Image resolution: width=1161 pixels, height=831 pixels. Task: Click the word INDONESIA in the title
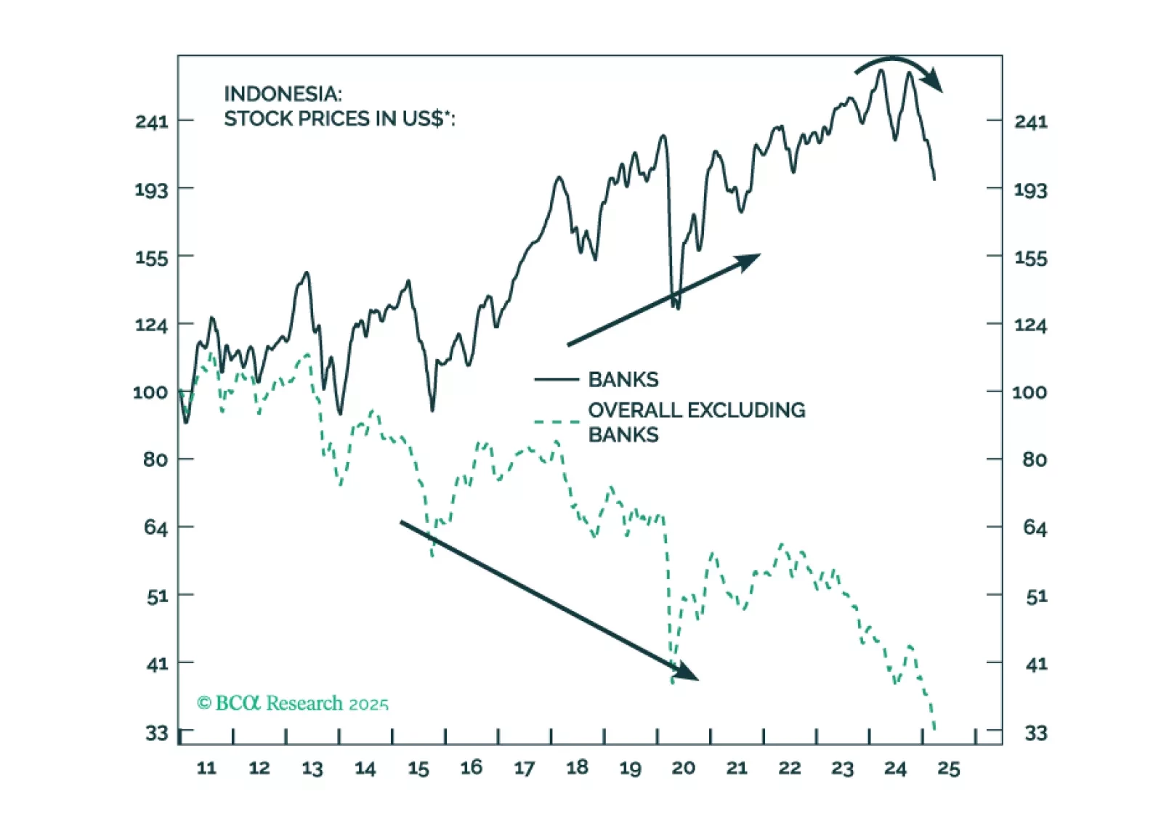[283, 94]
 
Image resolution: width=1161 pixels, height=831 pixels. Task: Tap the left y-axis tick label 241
[151, 121]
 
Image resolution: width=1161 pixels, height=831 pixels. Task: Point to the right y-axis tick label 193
[1030, 190]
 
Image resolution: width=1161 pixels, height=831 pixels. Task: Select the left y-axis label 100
[150, 392]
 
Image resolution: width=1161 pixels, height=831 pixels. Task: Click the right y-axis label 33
[1035, 733]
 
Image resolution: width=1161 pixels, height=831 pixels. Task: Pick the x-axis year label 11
[206, 768]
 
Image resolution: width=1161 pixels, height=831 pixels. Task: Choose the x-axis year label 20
[683, 768]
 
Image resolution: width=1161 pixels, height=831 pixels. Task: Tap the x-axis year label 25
[948, 768]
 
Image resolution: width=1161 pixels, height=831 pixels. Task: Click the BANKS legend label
[623, 379]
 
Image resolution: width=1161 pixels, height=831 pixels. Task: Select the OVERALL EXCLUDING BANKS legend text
[696, 422]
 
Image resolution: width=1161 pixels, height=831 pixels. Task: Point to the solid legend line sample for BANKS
[557, 379]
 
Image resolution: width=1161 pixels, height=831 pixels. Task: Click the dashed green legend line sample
[557, 421]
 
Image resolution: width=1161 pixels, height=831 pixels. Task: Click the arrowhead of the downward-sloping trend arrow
[687, 673]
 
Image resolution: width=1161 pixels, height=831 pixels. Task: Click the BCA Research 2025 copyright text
[292, 703]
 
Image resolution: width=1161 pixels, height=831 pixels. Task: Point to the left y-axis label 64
[155, 527]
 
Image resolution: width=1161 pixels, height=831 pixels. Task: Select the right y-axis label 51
[1036, 597]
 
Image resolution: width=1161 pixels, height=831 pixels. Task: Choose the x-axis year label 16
[471, 768]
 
